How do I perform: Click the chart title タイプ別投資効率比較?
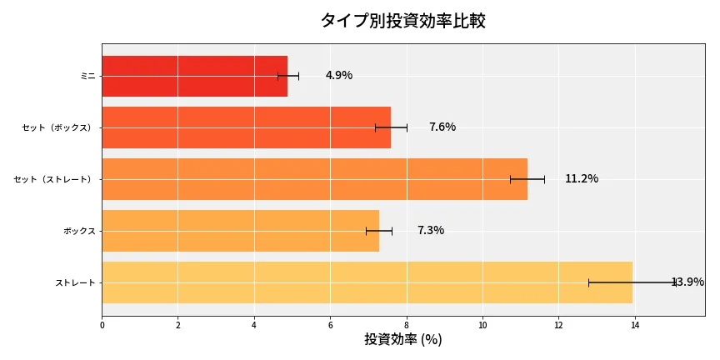pyautogui.click(x=402, y=21)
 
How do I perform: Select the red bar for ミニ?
pyautogui.click(x=194, y=76)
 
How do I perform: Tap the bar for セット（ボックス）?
pyautogui.click(x=246, y=127)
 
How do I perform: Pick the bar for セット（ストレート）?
pyautogui.click(x=314, y=179)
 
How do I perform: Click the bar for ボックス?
pyautogui.click(x=240, y=231)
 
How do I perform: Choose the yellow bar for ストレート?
pyautogui.click(x=367, y=282)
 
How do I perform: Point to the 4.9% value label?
pyautogui.click(x=339, y=76)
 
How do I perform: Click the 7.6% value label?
pyautogui.click(x=442, y=127)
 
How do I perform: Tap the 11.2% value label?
pyautogui.click(x=582, y=179)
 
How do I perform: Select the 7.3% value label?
pyautogui.click(x=431, y=231)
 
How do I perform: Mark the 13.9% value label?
pyautogui.click(x=688, y=282)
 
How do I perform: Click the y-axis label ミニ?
pyautogui.click(x=87, y=76)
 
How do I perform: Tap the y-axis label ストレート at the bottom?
pyautogui.click(x=76, y=282)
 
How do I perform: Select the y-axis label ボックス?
pyautogui.click(x=79, y=231)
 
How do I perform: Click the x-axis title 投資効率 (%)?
pyautogui.click(x=402, y=340)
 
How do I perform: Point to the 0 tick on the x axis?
pyautogui.click(x=102, y=324)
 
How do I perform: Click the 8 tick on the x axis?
pyautogui.click(x=407, y=324)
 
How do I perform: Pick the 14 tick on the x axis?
pyautogui.click(x=635, y=324)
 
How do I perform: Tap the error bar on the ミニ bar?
pyautogui.click(x=288, y=76)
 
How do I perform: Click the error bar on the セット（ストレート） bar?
pyautogui.click(x=527, y=179)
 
